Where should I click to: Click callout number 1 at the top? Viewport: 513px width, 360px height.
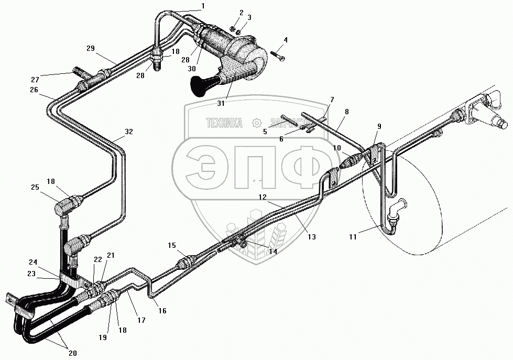202,6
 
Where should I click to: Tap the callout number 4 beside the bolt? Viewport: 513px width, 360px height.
286,40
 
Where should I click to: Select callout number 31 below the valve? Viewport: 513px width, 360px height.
221,103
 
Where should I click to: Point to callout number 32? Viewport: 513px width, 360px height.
128,132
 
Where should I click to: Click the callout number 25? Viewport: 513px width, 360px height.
35,187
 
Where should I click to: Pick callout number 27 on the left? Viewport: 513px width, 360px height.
35,79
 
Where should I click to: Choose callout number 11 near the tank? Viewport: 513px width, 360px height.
353,237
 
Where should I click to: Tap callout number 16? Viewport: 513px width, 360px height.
162,311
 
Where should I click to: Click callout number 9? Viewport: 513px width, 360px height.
379,126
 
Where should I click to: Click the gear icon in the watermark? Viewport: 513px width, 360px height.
257,123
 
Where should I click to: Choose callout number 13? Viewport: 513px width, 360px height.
311,237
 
